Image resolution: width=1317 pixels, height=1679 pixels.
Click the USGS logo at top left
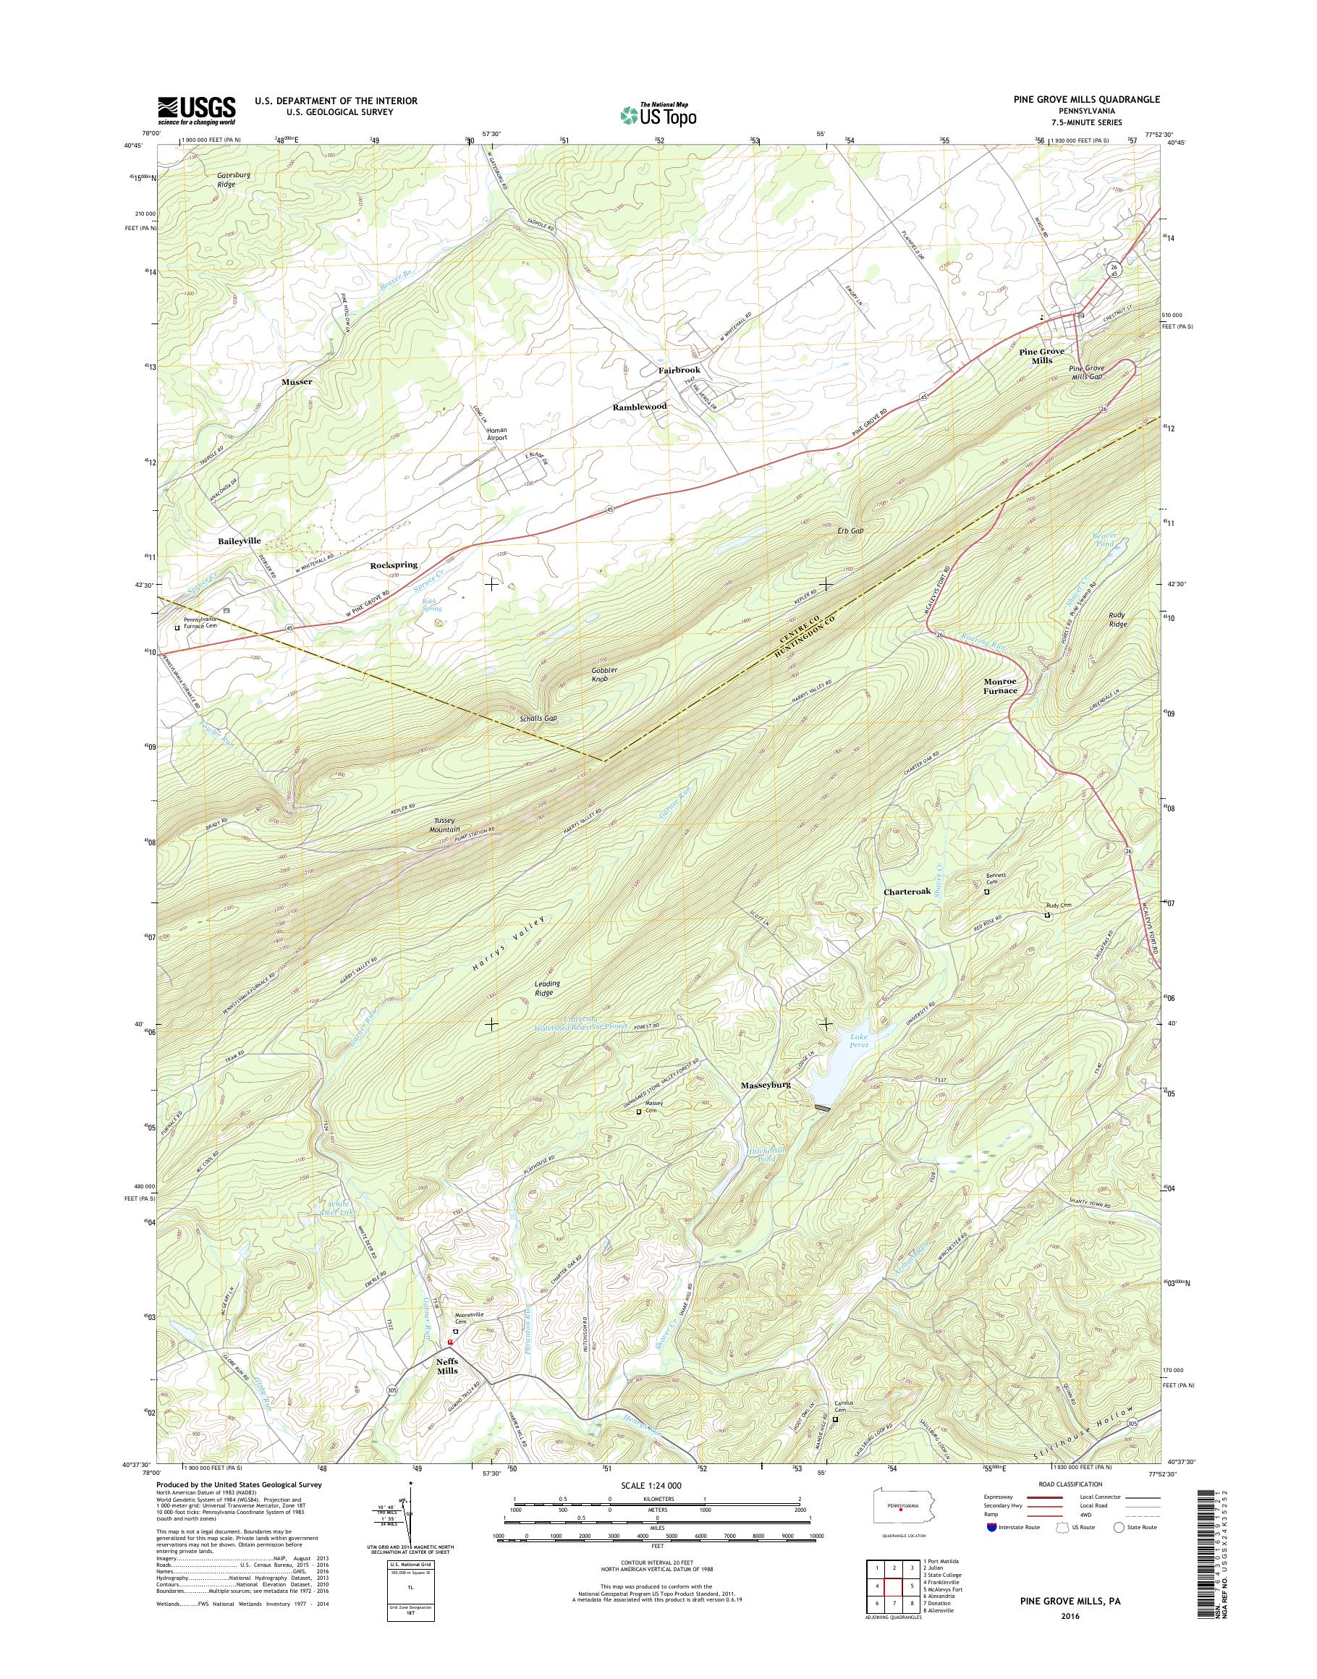click(197, 109)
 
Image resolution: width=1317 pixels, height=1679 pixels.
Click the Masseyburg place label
click(766, 1085)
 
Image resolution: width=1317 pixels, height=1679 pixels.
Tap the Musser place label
click(297, 382)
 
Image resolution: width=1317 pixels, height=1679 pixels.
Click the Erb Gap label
click(848, 530)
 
